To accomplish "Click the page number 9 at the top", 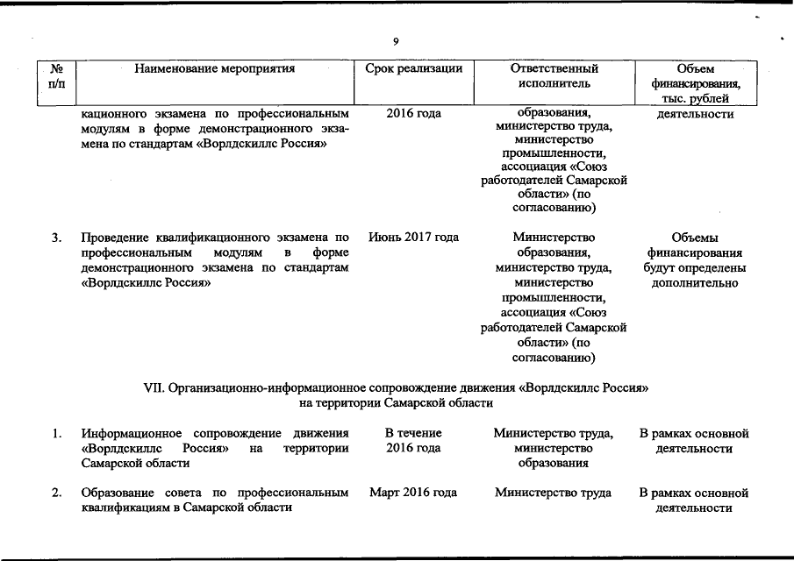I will pos(397,41).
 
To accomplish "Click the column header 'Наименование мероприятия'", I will pos(214,67).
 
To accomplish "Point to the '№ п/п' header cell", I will pos(58,75).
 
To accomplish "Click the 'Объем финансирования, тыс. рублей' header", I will pos(697,83).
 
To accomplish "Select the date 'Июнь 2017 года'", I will pos(413,237).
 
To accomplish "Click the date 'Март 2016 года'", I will pos(413,493).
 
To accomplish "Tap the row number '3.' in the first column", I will pos(56,237).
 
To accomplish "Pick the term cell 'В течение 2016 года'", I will pos(413,441).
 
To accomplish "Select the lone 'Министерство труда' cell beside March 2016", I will pos(553,493).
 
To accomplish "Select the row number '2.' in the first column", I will pos(56,493).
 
